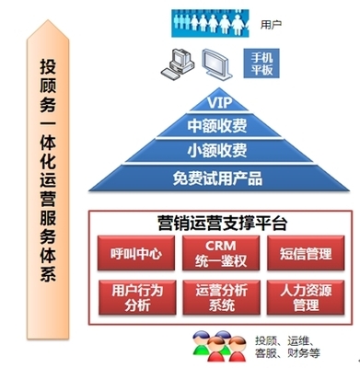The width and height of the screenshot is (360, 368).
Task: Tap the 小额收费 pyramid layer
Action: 217,148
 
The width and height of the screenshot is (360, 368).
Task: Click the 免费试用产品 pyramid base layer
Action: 217,176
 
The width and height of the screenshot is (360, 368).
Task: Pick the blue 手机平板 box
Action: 263,62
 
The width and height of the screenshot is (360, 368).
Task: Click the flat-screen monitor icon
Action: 219,63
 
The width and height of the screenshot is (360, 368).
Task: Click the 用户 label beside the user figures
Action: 272,18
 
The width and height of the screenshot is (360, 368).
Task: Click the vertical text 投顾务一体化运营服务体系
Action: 47,184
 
